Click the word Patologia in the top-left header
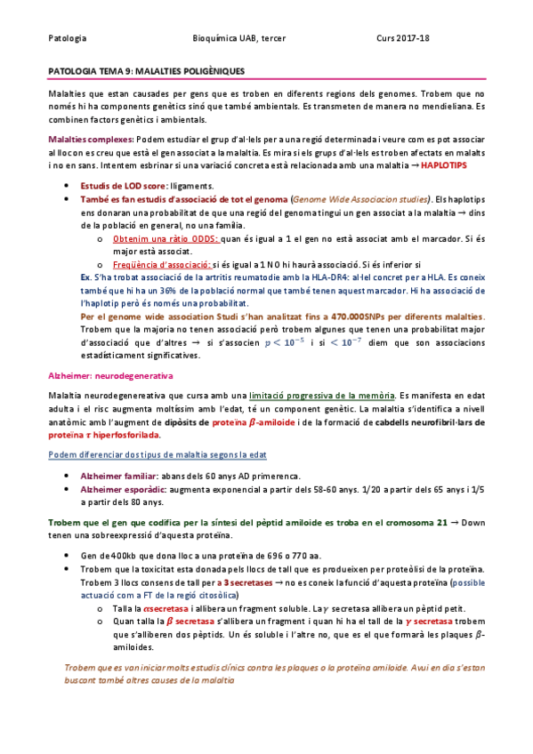pyautogui.click(x=67, y=39)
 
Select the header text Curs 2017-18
pyautogui.click(x=403, y=39)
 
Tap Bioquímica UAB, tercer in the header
pyautogui.click(x=238, y=39)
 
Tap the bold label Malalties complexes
pyautogui.click(x=92, y=140)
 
